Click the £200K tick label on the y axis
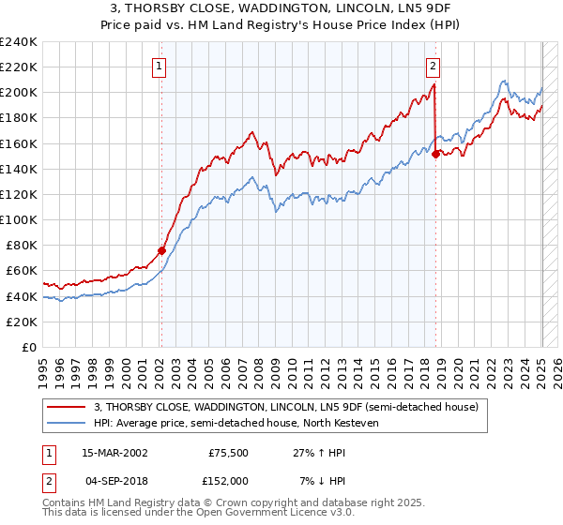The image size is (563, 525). point(19,93)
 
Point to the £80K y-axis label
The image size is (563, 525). point(22,245)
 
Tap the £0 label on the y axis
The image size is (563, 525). point(29,347)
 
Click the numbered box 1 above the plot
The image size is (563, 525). point(160,67)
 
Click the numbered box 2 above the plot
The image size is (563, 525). point(434,67)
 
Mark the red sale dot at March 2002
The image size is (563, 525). point(161,250)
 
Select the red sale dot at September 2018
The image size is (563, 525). point(435,154)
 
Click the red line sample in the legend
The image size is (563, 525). point(67,406)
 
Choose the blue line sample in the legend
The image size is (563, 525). point(67,423)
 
